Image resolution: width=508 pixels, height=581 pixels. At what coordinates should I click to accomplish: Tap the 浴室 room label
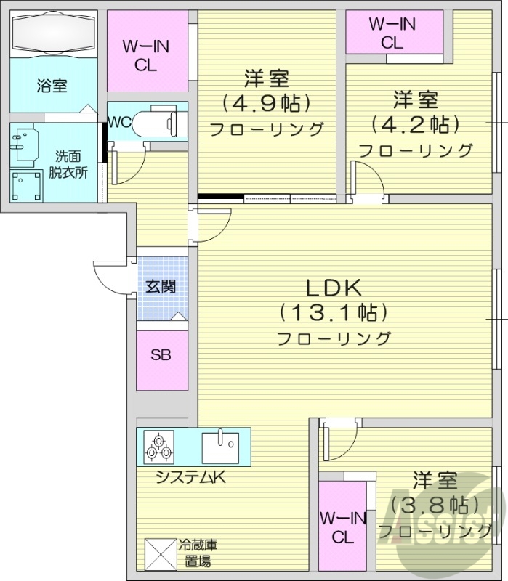(52, 85)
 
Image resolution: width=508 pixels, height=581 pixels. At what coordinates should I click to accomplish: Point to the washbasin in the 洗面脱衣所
(26, 144)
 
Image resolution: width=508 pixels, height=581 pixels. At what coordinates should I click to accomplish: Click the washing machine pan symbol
(26, 184)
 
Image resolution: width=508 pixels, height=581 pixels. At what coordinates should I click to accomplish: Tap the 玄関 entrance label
(161, 286)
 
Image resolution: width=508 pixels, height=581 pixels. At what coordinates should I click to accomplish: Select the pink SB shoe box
(161, 356)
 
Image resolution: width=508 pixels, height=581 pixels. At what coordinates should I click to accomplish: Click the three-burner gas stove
(158, 446)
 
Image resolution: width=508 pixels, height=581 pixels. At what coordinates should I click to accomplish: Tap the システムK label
(192, 477)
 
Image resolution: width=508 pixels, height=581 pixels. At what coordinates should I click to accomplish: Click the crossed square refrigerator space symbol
(159, 553)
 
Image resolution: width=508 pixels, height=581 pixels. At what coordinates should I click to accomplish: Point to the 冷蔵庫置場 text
(198, 552)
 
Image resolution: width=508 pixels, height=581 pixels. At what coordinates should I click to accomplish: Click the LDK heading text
(333, 288)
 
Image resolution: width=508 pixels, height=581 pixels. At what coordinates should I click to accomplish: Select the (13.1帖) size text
(333, 313)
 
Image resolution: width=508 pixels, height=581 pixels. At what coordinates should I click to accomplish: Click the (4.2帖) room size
(415, 124)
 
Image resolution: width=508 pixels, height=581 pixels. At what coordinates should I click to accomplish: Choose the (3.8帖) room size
(435, 503)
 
